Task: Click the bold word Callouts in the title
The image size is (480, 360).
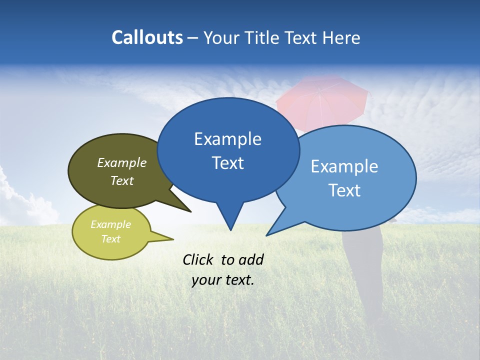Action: point(147,37)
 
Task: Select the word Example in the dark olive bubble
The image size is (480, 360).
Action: point(122,163)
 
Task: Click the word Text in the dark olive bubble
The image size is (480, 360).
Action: point(122,181)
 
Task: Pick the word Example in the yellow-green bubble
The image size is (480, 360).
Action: point(111,224)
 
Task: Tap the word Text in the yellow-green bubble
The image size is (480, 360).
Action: point(111,239)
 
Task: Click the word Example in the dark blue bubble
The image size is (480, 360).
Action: point(227,139)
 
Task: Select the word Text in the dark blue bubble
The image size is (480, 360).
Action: point(227,163)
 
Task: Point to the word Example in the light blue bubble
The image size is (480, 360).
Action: point(344,166)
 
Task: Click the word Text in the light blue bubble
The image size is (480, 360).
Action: point(344,190)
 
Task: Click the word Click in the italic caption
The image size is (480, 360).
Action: point(198,259)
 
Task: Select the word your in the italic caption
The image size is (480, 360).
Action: point(205,280)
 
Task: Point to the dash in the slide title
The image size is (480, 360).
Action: point(193,38)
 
